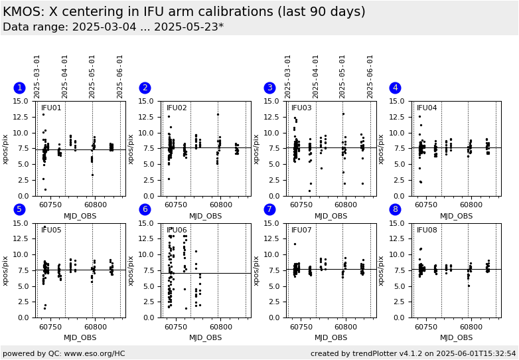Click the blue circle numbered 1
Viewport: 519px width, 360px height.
click(x=19, y=88)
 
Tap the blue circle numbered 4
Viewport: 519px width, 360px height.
click(x=395, y=88)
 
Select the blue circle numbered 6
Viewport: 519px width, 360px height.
click(x=145, y=209)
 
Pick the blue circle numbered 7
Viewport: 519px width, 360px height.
click(x=269, y=209)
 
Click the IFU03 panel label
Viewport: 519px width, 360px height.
click(x=301, y=108)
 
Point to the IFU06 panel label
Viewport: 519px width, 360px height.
click(x=177, y=230)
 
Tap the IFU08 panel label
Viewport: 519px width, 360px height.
click(x=427, y=230)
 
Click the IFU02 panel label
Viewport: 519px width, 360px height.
click(x=177, y=108)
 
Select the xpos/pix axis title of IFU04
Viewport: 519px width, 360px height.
click(x=381, y=149)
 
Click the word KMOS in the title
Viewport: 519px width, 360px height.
click(x=23, y=12)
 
